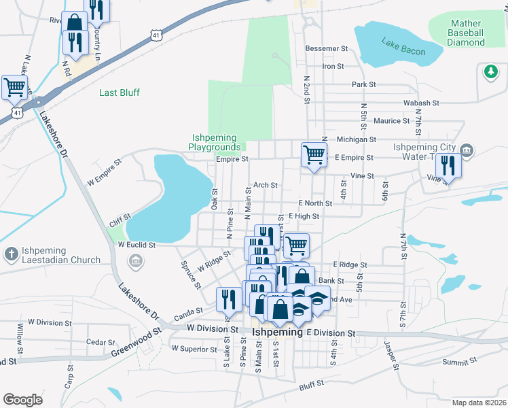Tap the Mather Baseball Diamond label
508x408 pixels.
466,33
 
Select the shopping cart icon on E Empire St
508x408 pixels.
314,154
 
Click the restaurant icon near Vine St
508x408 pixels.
448,165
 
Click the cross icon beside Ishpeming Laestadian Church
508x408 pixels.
10,254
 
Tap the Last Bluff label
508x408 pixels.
120,92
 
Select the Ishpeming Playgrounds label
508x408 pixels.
215,142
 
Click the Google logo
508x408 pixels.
22,399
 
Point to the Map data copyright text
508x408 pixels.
479,403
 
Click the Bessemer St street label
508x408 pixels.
326,49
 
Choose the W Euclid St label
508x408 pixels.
137,244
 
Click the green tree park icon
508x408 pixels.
490,70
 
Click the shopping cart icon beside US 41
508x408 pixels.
14,87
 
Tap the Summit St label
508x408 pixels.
456,362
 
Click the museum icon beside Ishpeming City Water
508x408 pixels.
466,150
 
